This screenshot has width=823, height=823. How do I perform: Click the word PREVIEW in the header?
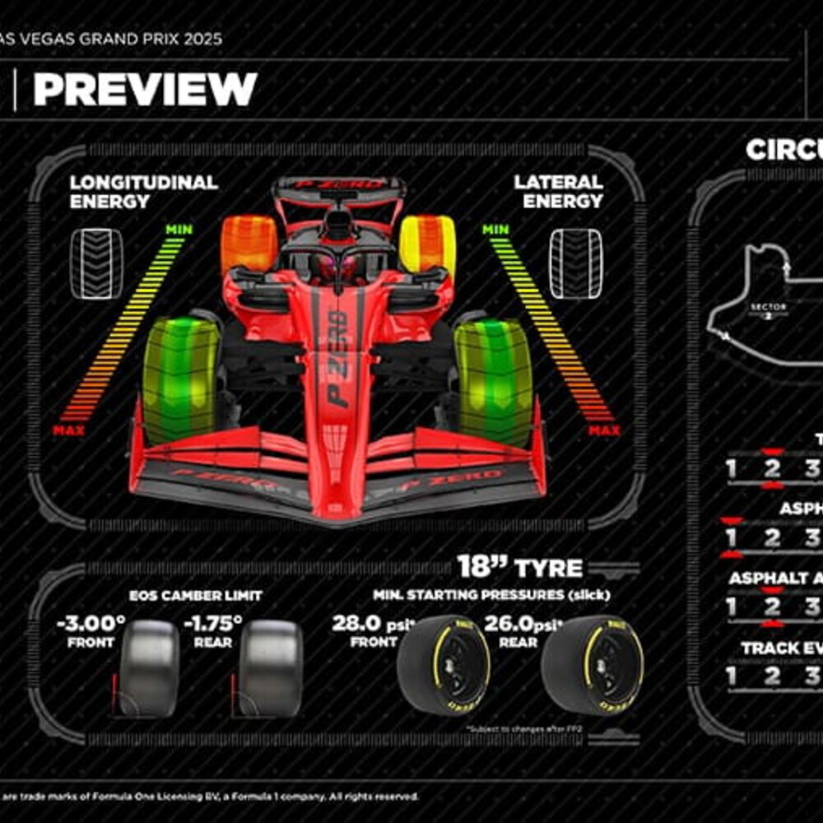click(145, 89)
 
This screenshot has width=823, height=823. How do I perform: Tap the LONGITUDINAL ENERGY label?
click(143, 192)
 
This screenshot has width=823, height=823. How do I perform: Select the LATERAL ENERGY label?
click(558, 192)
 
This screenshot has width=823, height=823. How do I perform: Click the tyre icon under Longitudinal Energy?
click(96, 263)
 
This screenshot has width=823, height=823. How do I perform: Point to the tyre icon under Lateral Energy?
click(575, 263)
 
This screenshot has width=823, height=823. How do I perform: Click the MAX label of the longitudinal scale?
click(68, 430)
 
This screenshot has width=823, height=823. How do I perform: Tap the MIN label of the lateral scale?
click(495, 229)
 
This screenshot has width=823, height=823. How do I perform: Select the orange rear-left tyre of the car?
click(249, 243)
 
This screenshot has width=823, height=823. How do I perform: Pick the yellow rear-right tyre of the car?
click(428, 243)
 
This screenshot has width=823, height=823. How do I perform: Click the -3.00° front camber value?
click(91, 623)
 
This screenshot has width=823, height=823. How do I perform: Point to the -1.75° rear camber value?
click(213, 623)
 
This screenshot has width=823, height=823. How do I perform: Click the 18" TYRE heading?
click(519, 567)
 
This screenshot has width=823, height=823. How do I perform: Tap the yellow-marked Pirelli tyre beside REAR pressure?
click(593, 665)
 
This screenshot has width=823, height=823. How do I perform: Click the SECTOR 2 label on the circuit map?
click(768, 310)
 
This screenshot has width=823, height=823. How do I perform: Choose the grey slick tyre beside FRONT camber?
click(149, 667)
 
